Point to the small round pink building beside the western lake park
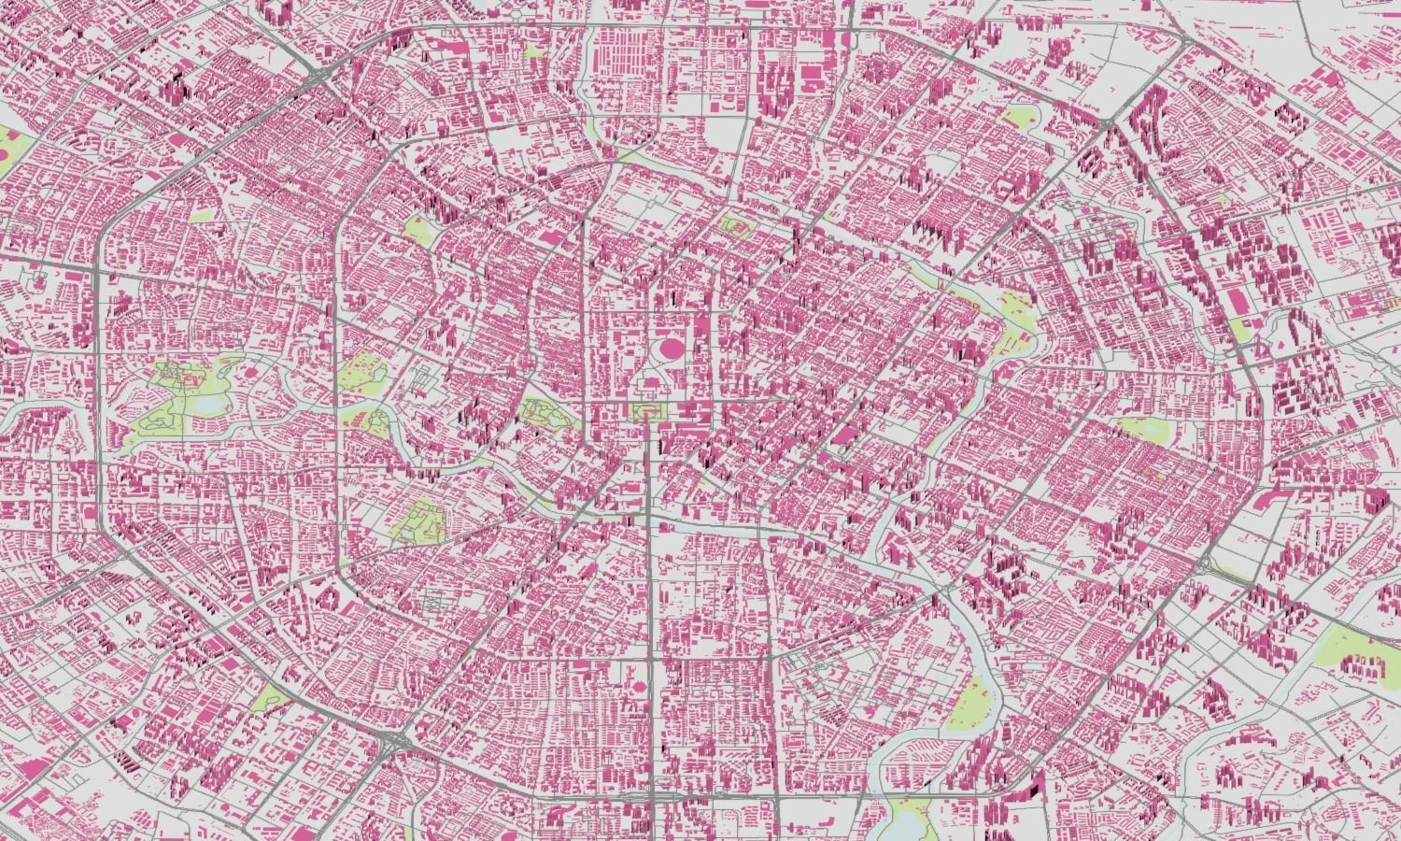coord(251,372)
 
